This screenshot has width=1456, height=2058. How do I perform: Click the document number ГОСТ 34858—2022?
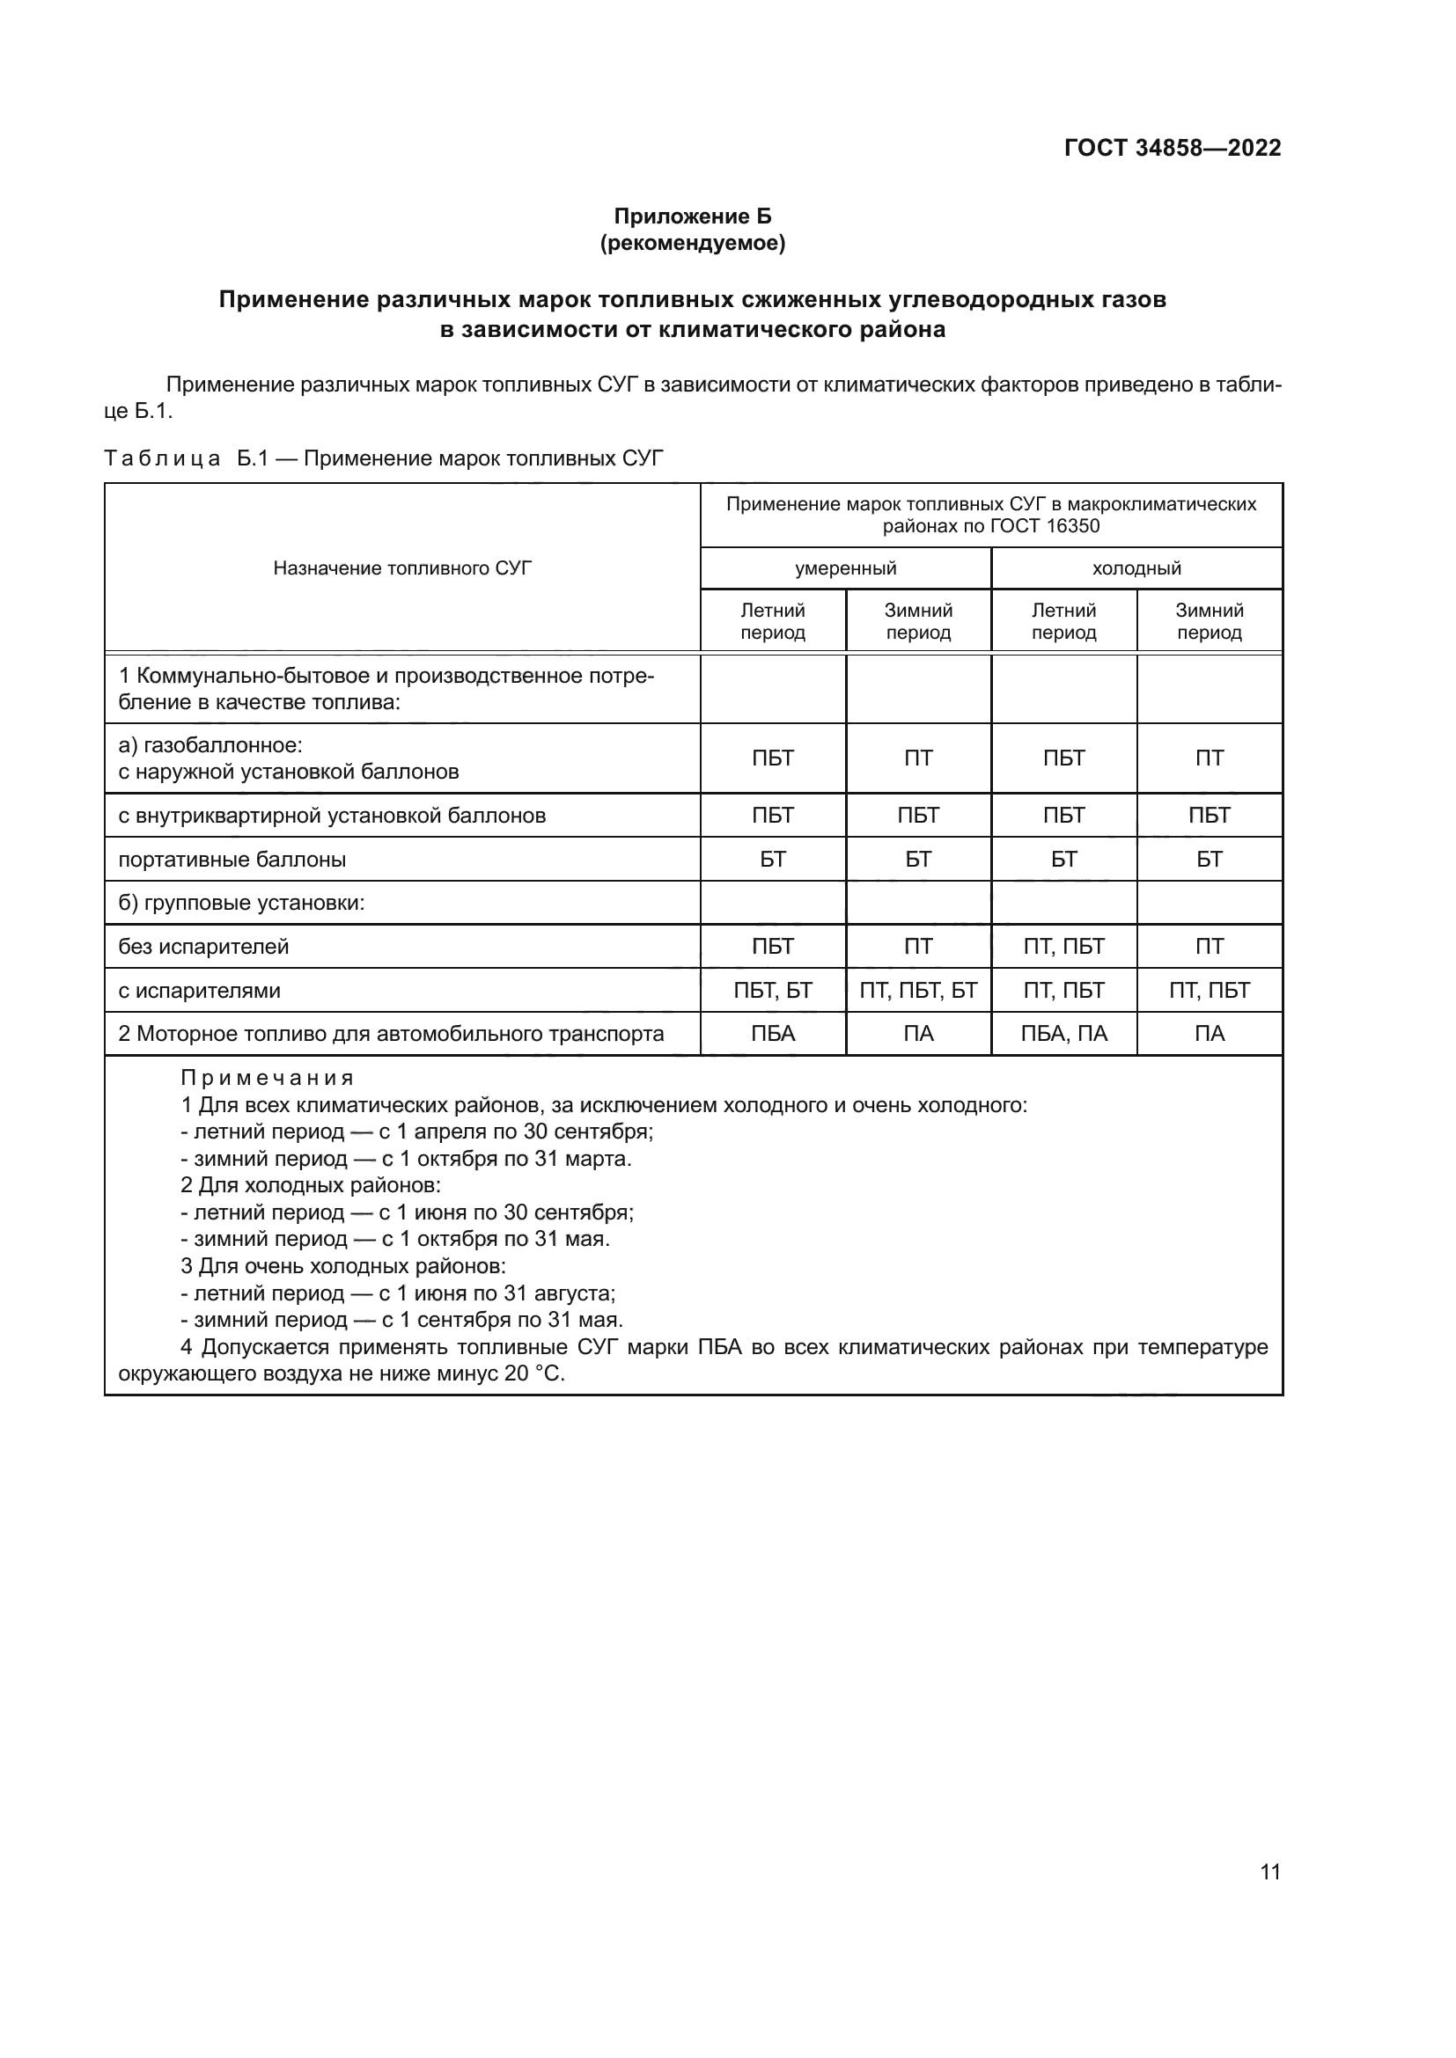[1172, 148]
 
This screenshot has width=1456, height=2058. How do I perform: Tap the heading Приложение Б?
[692, 216]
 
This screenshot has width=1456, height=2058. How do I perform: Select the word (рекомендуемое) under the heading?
[692, 243]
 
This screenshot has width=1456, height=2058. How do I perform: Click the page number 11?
[1269, 1871]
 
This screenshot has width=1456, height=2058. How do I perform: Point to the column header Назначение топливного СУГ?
[401, 568]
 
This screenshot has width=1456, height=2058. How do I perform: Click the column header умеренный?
[845, 568]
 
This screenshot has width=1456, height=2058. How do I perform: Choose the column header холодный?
[1136, 568]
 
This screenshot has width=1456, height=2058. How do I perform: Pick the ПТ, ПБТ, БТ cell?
[918, 991]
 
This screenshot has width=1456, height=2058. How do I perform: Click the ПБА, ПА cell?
[1063, 1034]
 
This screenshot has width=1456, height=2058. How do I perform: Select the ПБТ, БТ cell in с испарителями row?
[773, 991]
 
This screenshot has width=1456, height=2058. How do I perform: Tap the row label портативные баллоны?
[232, 860]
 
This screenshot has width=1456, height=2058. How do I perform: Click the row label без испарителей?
[203, 947]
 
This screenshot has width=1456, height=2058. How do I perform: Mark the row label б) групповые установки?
[241, 903]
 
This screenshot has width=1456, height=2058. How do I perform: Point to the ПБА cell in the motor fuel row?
[773, 1034]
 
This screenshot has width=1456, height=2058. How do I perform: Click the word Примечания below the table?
[268, 1078]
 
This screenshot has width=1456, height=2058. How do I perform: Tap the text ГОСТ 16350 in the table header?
[1045, 526]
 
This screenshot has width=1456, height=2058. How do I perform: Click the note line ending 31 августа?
[398, 1293]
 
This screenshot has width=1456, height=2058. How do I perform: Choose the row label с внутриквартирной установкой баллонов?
[332, 816]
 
